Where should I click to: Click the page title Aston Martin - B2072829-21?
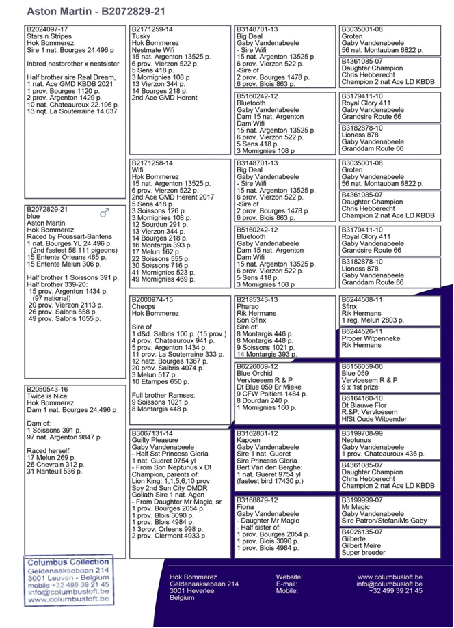click(x=96, y=12)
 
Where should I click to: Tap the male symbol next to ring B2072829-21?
click(x=105, y=213)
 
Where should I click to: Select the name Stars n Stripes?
click(x=47, y=36)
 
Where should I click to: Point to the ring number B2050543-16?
click(x=47, y=389)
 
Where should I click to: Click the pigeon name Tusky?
click(x=141, y=36)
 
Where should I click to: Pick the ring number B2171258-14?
click(x=152, y=163)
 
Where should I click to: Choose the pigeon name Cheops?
click(x=144, y=306)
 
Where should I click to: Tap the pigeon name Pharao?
click(x=248, y=306)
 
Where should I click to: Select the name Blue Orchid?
click(x=254, y=373)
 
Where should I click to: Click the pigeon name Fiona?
click(x=245, y=507)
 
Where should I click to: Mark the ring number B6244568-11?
click(x=362, y=299)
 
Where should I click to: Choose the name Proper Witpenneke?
click(x=371, y=338)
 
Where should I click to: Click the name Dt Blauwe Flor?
click(x=364, y=405)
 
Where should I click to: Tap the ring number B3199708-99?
click(x=362, y=433)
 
